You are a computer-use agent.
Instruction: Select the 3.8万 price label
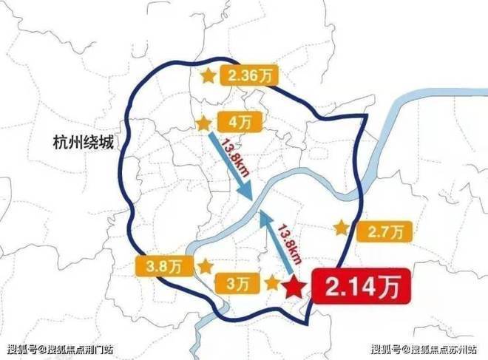[160, 264]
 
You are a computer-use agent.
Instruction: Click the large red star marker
[294, 287]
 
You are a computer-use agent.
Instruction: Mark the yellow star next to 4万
[202, 123]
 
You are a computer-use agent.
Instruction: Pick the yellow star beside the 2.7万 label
[341, 228]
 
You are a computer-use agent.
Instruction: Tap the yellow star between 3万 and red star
[272, 282]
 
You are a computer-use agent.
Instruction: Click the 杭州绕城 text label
[84, 140]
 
